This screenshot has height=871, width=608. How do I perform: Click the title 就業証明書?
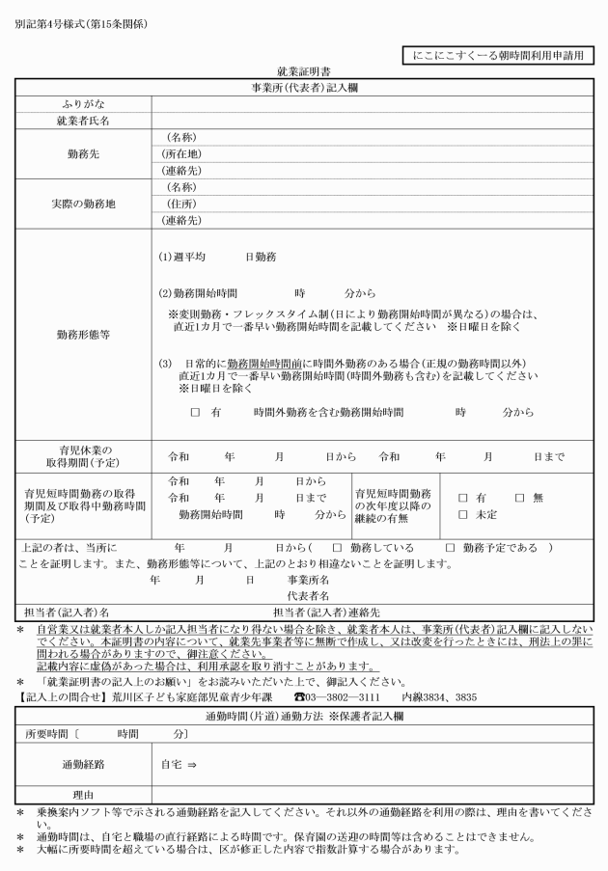pos(304,71)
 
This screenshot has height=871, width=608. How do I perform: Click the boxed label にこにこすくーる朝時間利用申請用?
pos(495,57)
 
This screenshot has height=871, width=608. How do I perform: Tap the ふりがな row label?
pos(82,103)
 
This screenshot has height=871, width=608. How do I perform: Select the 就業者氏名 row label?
pos(82,121)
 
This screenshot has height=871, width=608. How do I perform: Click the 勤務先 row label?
pos(82,154)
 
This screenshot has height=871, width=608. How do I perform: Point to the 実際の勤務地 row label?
pos(82,204)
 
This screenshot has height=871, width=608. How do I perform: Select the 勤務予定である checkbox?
pos(450,548)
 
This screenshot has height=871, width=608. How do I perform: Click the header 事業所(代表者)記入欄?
pos(304,87)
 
